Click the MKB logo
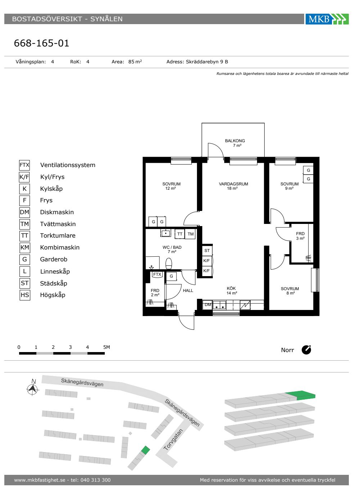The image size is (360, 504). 327,19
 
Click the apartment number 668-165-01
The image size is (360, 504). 41,43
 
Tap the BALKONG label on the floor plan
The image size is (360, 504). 235,141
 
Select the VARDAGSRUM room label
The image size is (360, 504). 233,184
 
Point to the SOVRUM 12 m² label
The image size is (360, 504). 171,186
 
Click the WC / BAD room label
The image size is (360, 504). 172,247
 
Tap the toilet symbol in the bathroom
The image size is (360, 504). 169,263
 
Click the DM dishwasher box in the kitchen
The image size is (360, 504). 207,305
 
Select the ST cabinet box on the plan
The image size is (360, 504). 207,251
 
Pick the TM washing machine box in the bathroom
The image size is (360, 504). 190,234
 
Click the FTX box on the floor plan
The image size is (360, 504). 157,274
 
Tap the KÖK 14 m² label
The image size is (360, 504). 231,291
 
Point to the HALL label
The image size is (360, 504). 188,291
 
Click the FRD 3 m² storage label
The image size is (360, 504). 300,236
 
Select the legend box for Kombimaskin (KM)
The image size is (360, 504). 25,248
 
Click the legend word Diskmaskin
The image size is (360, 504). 57,212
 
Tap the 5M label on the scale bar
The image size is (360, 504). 107,347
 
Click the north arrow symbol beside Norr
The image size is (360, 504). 306,350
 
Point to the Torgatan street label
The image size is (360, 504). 173,440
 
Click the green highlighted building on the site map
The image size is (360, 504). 145,450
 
